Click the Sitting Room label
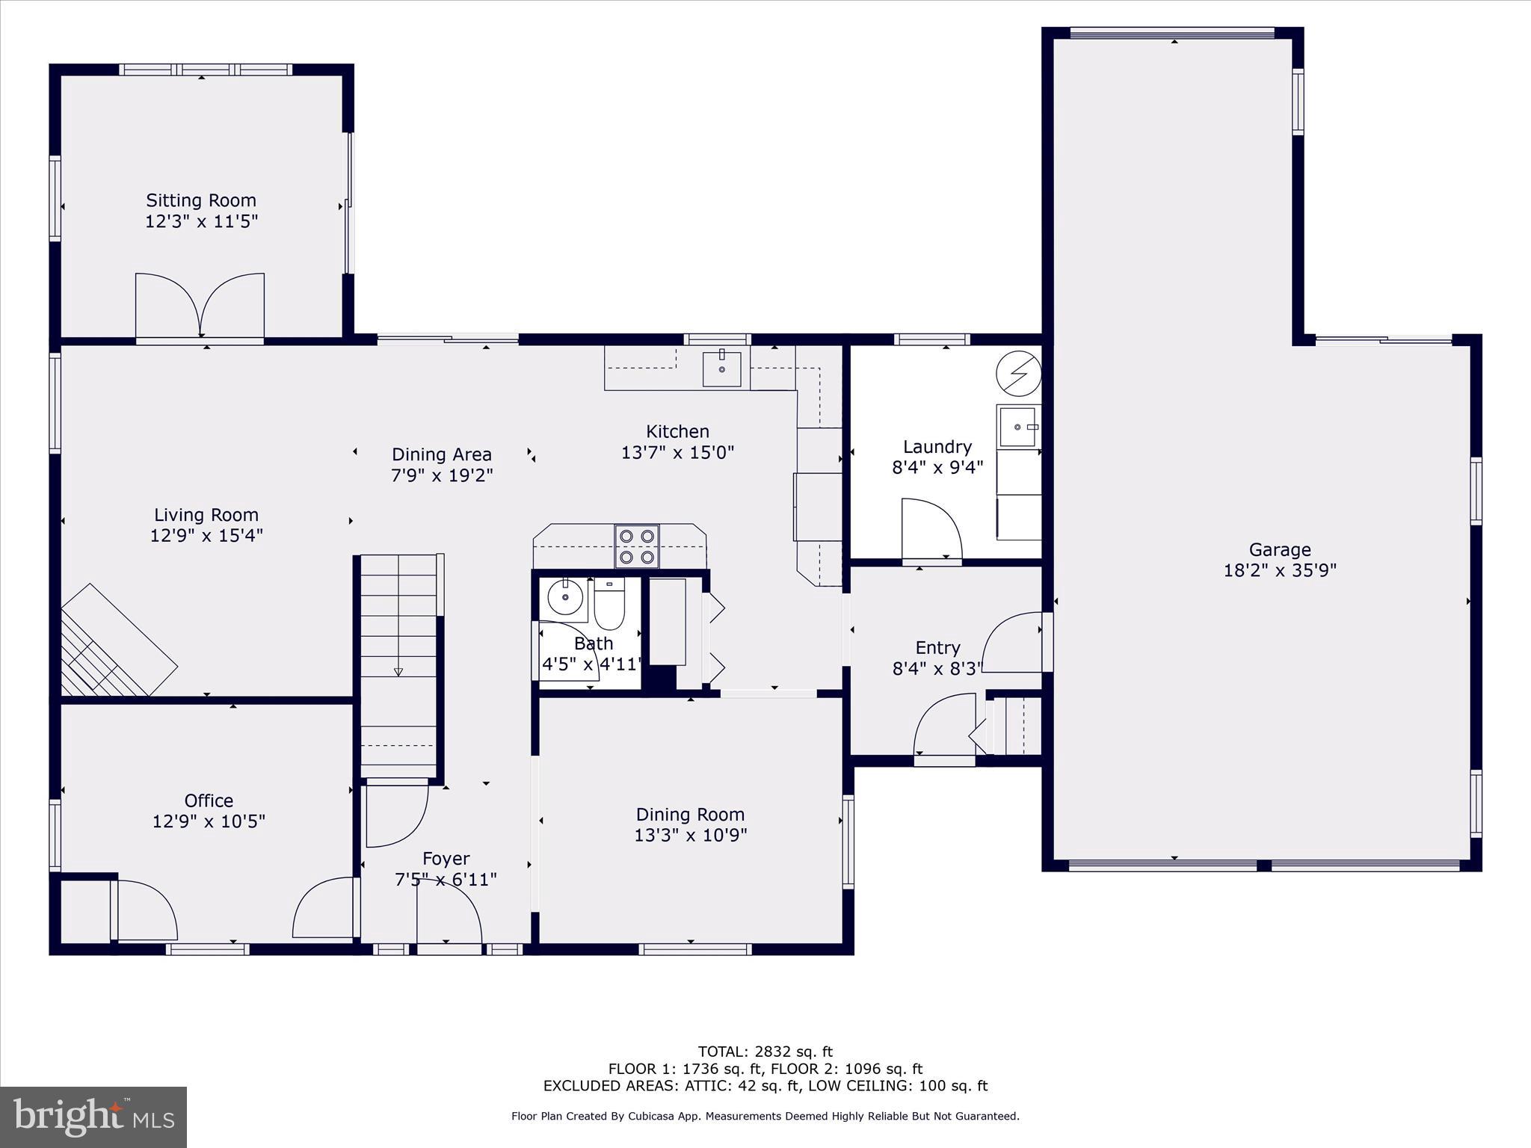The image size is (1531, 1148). click(200, 200)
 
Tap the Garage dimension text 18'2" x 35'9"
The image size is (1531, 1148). click(1279, 570)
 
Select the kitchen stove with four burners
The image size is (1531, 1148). click(636, 546)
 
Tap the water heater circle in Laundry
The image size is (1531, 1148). click(1018, 373)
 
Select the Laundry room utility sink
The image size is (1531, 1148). click(1017, 427)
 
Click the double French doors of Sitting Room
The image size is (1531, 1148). click(200, 306)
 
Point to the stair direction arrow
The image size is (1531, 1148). click(398, 672)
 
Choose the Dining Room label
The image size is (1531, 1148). click(689, 814)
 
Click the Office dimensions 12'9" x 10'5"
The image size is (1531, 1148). click(209, 821)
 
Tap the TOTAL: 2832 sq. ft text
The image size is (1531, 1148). click(765, 1052)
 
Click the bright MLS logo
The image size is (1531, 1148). click(93, 1117)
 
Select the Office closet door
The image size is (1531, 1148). click(146, 910)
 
